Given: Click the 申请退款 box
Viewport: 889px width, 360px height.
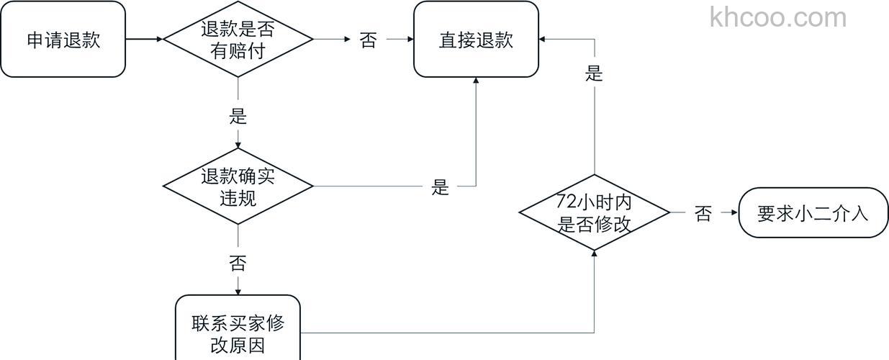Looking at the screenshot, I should coord(63,40).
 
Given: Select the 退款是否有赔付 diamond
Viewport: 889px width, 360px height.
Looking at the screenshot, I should coord(238,40).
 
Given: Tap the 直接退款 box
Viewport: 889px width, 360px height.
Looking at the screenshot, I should coord(476,40).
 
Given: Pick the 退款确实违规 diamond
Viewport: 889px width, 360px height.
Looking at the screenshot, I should coord(238,186).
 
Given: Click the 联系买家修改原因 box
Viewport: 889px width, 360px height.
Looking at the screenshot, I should coord(238,333).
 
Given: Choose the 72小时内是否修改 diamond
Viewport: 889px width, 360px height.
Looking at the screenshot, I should coord(595,213).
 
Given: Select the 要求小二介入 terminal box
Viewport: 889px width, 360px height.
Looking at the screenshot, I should coord(813,213).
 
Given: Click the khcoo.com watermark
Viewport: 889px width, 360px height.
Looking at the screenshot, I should coord(778,17).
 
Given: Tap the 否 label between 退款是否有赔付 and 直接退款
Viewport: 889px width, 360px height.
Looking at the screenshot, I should coord(368,40).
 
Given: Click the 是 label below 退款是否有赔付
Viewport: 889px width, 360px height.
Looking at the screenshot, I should coord(238,115).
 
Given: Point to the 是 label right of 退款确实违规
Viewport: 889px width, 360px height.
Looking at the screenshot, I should coord(440,188).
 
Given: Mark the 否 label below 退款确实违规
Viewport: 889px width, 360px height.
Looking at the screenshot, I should coord(238,263).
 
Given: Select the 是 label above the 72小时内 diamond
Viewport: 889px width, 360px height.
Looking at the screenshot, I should coord(595,73).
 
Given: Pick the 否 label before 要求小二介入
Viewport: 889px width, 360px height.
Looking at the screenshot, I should coord(703,214).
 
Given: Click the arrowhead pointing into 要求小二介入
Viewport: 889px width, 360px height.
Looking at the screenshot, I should coord(734,213).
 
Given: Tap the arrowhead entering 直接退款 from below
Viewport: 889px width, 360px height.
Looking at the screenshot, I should coord(476,81).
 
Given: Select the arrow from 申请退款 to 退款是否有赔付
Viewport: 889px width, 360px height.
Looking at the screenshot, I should coord(144,40).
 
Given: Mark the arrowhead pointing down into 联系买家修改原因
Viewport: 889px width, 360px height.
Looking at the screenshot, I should coord(238,291).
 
